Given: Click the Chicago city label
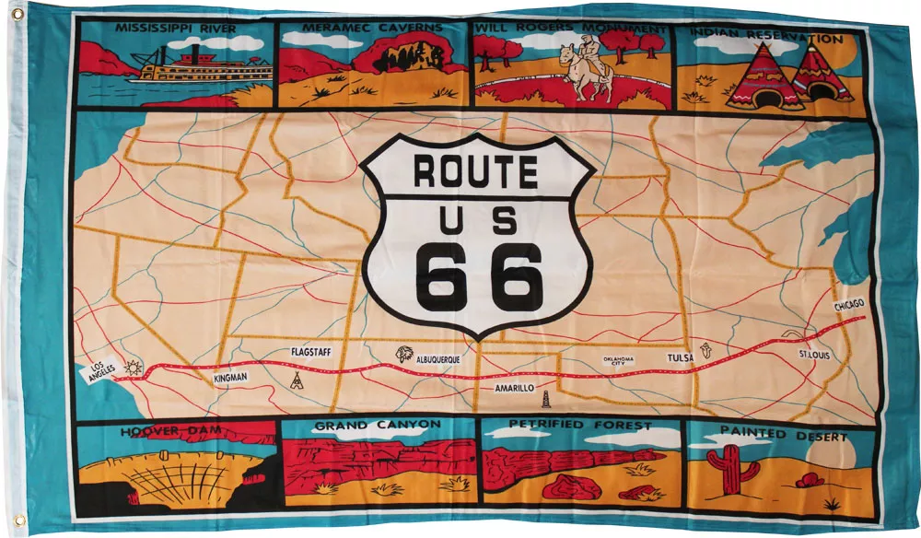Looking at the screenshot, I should click(x=849, y=305).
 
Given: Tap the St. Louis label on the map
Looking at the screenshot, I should click(x=814, y=354).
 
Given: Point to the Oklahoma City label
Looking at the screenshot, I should click(x=619, y=361).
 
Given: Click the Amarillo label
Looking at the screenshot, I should click(x=514, y=389).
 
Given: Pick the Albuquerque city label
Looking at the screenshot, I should click(x=437, y=358).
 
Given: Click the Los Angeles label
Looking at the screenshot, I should click(x=101, y=369).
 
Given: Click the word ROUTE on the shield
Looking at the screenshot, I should click(x=475, y=172).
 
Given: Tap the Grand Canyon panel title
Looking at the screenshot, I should click(x=378, y=426).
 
